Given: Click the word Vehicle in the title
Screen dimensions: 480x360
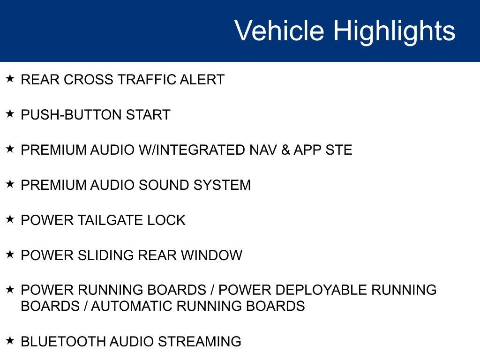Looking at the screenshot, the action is pos(279,30).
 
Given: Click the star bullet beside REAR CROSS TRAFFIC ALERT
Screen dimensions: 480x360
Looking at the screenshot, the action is pos(10,78).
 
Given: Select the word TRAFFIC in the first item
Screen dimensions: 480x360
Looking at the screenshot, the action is pos(147,80).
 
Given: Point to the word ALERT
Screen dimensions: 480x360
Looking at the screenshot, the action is pos(202,80).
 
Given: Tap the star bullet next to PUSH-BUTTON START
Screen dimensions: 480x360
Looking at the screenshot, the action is pos(10,113).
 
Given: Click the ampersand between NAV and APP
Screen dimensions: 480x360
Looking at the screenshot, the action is pos(285,150).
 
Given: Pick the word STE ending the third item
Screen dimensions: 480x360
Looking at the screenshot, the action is pos(338,150).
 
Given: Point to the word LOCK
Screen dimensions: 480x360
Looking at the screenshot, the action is pos(166,220).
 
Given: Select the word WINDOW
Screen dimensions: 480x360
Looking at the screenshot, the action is pos(211,255).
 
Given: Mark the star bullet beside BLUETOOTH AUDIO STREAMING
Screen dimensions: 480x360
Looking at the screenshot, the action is pos(10,340).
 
